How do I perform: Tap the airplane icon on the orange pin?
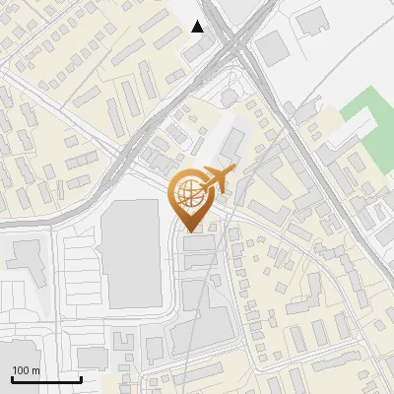click(x=216, y=179)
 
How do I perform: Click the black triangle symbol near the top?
click(x=198, y=27)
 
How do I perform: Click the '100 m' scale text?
click(x=27, y=369)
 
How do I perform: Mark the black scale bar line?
click(x=46, y=379)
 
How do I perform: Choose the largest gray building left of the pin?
click(x=131, y=254)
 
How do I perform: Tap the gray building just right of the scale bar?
click(x=94, y=357)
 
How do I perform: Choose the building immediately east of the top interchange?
click(x=271, y=47)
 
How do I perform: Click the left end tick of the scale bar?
click(x=13, y=378)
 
